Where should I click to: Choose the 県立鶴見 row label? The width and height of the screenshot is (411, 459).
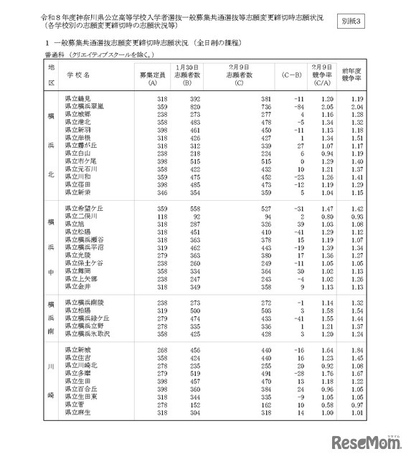point(77,98)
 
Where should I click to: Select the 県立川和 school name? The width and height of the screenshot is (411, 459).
point(77,176)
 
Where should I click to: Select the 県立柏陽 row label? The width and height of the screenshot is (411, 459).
point(77,311)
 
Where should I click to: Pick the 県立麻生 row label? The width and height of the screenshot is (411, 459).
point(77,412)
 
